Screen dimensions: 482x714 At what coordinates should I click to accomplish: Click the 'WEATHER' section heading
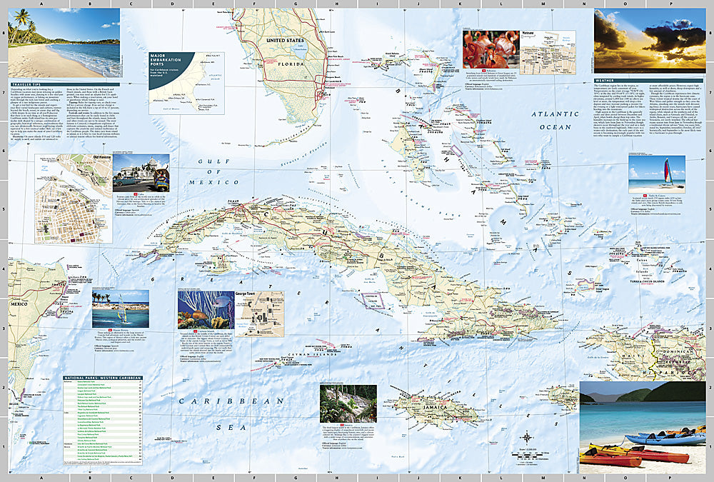pyautogui.click(x=605, y=81)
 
